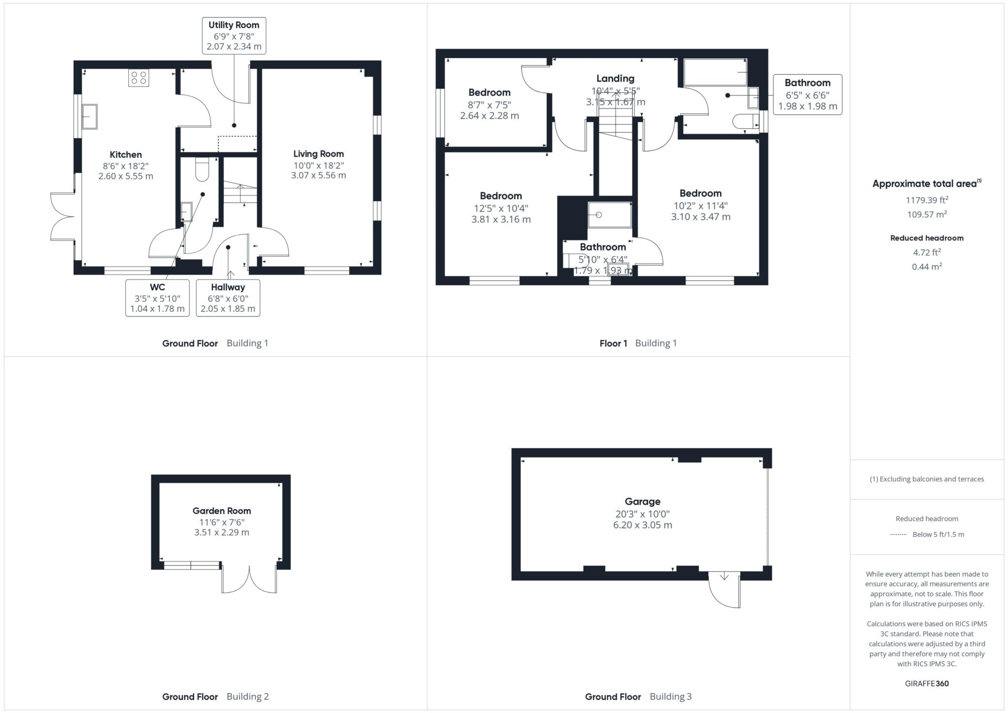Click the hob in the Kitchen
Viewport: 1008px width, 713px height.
[x=138, y=78]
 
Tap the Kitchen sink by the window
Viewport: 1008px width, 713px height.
[x=90, y=117]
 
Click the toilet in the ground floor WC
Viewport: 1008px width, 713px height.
[x=202, y=169]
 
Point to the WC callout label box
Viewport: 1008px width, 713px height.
[x=157, y=298]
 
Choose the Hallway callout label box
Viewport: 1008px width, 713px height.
[x=228, y=298]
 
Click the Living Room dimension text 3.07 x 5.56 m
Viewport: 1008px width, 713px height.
[x=318, y=175]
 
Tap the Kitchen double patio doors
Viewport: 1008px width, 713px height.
[x=63, y=217]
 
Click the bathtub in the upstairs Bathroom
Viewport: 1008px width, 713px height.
[x=716, y=73]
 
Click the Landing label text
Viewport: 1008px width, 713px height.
[x=615, y=79]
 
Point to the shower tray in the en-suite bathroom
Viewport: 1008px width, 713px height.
[x=610, y=215]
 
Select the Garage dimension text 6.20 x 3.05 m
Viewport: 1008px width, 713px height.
[x=642, y=525]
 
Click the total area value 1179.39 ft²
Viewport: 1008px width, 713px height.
[x=927, y=200]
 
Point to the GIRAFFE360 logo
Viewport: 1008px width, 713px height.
[x=927, y=683]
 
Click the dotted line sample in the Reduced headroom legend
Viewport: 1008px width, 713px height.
[x=898, y=534]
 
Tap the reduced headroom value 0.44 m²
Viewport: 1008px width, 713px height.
[x=927, y=267]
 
